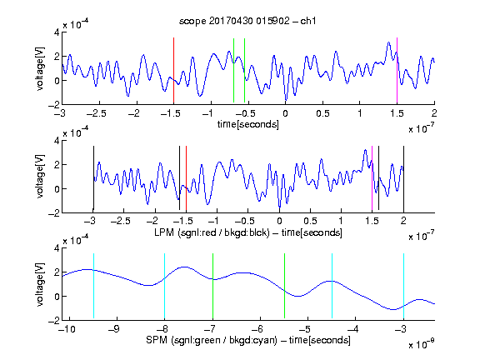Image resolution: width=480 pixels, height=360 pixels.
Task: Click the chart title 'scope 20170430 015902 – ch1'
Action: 247,21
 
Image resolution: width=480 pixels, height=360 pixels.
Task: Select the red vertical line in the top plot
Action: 173,70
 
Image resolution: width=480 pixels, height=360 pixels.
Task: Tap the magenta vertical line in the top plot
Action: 397,70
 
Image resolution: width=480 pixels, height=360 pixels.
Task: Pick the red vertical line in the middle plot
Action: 186,179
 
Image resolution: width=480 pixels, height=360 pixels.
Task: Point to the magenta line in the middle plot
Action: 372,179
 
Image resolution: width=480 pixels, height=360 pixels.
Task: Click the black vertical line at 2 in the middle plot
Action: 403,179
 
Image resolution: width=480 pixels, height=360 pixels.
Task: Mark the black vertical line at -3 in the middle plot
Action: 93,179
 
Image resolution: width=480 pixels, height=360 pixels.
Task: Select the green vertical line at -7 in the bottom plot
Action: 212,286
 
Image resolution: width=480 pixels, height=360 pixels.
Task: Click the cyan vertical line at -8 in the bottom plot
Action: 165,286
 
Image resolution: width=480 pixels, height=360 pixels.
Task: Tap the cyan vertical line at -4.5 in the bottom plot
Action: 332,286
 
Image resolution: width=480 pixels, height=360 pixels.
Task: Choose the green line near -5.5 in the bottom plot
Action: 284,286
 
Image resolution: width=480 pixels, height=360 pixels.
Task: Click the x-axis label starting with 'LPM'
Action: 248,232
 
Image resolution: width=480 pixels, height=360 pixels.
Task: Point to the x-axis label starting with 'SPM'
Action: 248,340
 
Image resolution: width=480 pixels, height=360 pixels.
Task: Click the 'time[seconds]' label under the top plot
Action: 248,124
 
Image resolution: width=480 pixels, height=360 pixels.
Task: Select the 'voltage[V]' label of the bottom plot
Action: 40,284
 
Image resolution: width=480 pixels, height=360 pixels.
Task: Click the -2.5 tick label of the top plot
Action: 96,113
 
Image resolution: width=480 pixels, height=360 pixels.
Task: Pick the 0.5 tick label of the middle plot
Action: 310,221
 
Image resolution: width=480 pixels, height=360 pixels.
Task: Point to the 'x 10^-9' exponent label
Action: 421,344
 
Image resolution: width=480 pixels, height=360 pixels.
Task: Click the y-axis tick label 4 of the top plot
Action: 57,32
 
